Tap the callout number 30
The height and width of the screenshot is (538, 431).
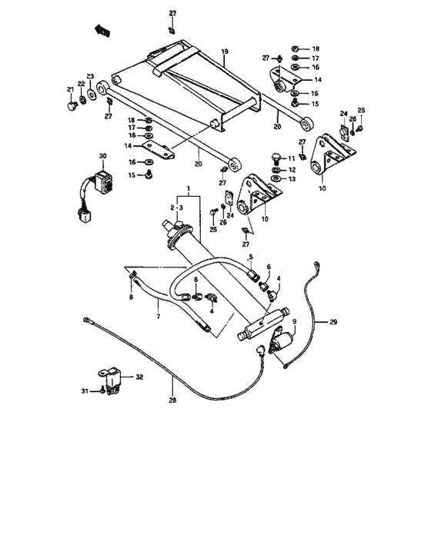click(102, 157)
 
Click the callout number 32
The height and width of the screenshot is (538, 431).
click(139, 377)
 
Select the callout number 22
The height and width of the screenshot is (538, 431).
click(80, 84)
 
